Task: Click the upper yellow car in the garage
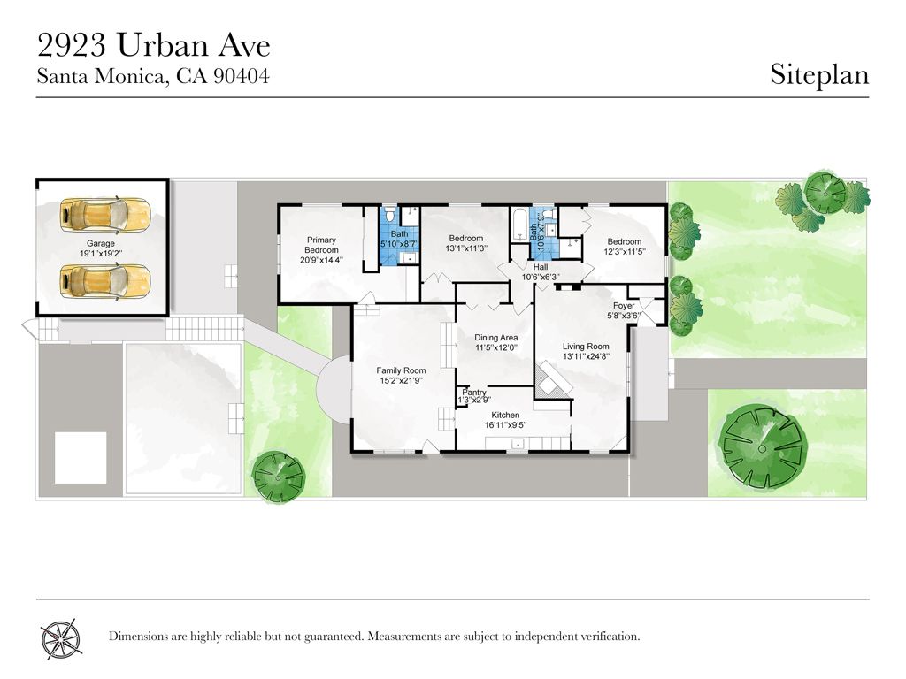[105, 215]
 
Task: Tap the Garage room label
[101, 244]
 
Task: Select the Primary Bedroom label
[321, 245]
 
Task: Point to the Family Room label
[401, 370]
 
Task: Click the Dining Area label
[495, 338]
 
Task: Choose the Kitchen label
[505, 416]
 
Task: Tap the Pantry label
[474, 393]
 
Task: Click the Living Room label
[586, 347]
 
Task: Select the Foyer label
[624, 305]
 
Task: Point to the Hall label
[541, 267]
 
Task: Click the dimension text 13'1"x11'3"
[466, 248]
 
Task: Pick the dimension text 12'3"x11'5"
[625, 252]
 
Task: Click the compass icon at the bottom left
[61, 638]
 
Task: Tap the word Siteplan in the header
[819, 75]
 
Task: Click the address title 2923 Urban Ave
[154, 46]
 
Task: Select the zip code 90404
[242, 76]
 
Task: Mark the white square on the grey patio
[81, 458]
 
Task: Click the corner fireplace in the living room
[549, 382]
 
